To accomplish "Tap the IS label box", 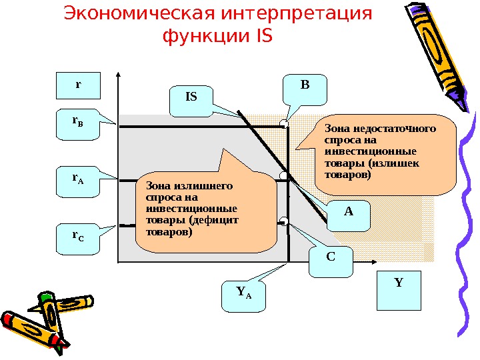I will point(191,97).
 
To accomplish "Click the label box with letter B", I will point(305,86).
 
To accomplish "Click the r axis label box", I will point(77,85).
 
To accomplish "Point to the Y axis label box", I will point(399,283).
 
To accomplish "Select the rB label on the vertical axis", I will point(77,123).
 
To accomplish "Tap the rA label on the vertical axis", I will point(77,180).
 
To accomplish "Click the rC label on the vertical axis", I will point(77,237).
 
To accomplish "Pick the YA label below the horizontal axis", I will point(244,293).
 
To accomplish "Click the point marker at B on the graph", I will point(284,124).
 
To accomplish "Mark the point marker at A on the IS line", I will point(283,176).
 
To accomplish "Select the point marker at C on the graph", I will point(283,221).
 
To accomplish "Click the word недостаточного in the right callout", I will point(397,129).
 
